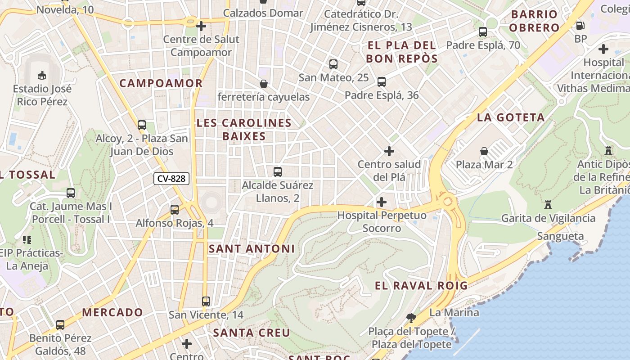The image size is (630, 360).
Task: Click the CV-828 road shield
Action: click(x=171, y=179)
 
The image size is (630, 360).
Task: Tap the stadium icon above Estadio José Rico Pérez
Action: click(x=41, y=75)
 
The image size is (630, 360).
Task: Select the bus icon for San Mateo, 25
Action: click(x=333, y=64)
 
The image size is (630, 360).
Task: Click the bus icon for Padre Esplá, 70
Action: click(x=483, y=32)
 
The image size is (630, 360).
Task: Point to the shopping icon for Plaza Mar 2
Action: click(x=484, y=151)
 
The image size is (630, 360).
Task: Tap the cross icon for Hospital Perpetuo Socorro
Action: click(x=381, y=202)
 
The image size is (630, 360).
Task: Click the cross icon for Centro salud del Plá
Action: click(x=389, y=151)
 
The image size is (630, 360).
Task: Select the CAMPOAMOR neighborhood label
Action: click(x=161, y=83)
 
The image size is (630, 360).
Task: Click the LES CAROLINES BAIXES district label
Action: click(x=244, y=130)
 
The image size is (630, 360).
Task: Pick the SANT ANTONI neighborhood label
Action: click(x=252, y=249)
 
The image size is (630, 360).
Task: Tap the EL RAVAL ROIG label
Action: click(x=421, y=285)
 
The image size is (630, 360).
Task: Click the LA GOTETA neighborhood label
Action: click(x=511, y=118)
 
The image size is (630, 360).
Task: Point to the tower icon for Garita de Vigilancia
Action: click(x=548, y=205)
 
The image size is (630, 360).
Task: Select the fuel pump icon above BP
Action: click(x=580, y=26)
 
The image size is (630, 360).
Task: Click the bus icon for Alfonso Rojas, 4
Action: click(x=175, y=210)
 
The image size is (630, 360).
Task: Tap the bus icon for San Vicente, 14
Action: click(x=206, y=301)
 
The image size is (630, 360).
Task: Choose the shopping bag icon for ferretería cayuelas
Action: click(x=264, y=84)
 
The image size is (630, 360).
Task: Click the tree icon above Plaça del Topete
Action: click(x=411, y=318)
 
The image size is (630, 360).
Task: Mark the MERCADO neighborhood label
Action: click(x=112, y=312)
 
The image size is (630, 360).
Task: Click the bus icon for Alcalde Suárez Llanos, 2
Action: click(x=278, y=172)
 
